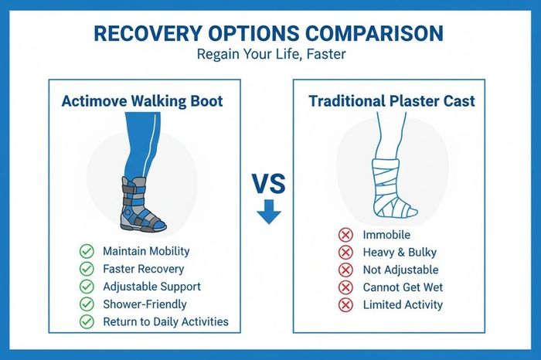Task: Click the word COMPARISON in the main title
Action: point(374,33)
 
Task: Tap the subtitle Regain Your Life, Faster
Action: point(271,54)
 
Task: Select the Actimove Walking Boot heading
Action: point(142,101)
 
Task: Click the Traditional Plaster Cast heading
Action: point(392,101)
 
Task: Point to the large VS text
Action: point(269,183)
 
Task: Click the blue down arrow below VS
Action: point(269,212)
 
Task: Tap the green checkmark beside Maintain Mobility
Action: point(87,251)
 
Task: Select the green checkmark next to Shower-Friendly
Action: point(87,304)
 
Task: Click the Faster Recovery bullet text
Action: point(144,269)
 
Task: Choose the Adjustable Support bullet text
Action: point(151,287)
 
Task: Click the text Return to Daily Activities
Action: point(165,321)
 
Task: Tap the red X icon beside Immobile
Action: point(345,235)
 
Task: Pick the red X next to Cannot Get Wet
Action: point(345,287)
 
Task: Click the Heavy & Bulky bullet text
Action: point(400,253)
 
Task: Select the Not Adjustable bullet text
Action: point(400,270)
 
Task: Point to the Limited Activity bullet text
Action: point(403,305)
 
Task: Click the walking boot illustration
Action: point(143,204)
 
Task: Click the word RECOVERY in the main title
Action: point(148,33)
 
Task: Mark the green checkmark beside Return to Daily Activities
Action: point(87,321)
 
